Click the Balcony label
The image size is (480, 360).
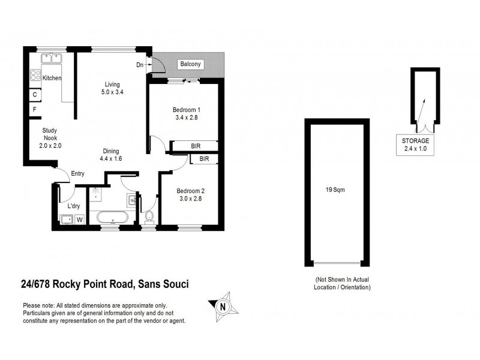point(190,65)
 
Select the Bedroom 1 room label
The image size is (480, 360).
point(186,113)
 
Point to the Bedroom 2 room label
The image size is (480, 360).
point(190,196)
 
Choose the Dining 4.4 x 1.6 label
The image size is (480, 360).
point(110,155)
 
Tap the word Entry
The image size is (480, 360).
point(77,174)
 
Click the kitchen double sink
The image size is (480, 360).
point(52,59)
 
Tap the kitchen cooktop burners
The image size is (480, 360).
point(35,76)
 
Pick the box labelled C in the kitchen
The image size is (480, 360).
point(35,95)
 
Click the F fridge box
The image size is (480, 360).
point(35,110)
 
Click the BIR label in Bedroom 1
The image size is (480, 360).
point(195,146)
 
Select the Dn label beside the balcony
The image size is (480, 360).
point(140,65)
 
